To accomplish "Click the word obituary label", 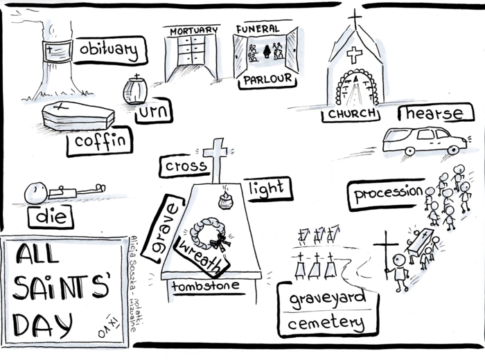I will click(109, 50).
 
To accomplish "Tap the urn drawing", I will click(135, 90).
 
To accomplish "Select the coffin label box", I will click(100, 143).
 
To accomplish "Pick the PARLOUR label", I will click(267, 80).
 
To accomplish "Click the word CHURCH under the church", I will click(353, 113).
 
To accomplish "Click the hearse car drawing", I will click(424, 139).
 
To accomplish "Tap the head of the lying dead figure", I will click(33, 192).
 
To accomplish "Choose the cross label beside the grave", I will click(186, 166).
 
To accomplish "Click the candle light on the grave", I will click(225, 200).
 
